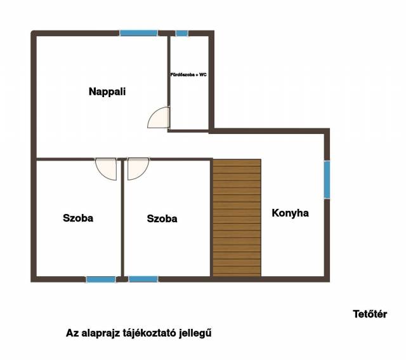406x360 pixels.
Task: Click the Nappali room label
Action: (107, 92)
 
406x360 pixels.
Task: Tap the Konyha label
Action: (291, 213)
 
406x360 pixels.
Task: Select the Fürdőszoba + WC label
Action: (188, 75)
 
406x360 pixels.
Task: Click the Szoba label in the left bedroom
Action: (78, 218)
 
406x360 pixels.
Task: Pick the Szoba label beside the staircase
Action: (162, 219)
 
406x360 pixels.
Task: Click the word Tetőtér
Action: (370, 314)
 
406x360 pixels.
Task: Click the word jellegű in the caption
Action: (195, 333)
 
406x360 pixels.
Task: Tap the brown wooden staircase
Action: (237, 218)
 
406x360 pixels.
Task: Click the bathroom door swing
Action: (159, 117)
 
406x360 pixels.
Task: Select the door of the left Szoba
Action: (106, 169)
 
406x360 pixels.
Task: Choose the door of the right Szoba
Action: (138, 169)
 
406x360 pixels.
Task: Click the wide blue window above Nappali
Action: (138, 33)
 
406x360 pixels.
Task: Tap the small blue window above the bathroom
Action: (182, 33)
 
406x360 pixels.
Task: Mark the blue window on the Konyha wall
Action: (327, 180)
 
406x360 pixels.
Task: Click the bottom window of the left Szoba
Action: (101, 279)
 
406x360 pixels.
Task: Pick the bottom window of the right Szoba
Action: (143, 279)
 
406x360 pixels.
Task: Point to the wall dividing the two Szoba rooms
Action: (122, 218)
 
